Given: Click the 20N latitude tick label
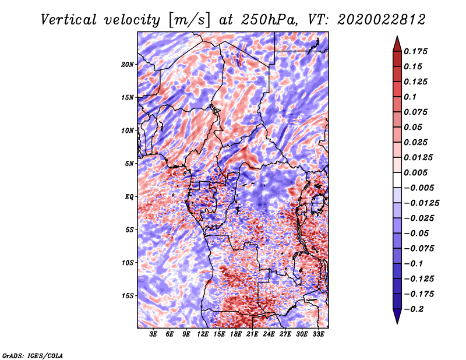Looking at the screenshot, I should pos(128,64).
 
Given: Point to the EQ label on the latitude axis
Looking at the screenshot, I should pos(129,196).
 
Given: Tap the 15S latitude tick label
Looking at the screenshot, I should pos(128,295).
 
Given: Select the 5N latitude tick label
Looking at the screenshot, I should pos(129,163).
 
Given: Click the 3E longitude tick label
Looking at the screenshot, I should pos(154,335).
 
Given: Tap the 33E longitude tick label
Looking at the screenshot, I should pos(319,335).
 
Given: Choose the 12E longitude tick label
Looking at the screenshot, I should pos(203,335).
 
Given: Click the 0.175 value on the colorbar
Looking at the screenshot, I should pos(416,51).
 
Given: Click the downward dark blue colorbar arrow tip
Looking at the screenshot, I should pos(396,322).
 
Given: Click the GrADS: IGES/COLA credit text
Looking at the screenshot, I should pos(33,355).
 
